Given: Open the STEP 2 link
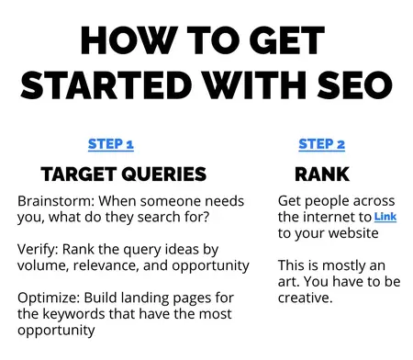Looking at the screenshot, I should (x=321, y=144).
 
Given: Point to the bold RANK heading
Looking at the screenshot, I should (x=321, y=174).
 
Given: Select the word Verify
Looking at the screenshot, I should (x=38, y=250).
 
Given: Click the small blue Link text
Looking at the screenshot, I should (x=385, y=217).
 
